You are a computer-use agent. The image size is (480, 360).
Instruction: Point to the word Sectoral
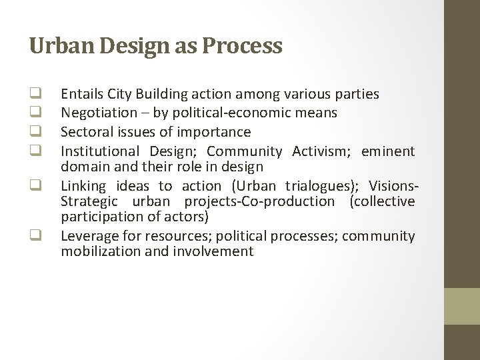(85, 132)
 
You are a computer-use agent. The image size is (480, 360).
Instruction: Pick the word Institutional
(99, 151)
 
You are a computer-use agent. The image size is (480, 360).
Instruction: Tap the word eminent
(388, 151)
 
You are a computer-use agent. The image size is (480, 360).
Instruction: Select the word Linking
(83, 187)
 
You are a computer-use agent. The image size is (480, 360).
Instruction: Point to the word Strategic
(89, 201)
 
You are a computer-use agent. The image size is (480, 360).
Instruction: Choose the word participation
(98, 217)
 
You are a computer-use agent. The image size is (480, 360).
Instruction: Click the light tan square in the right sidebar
(462, 306)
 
